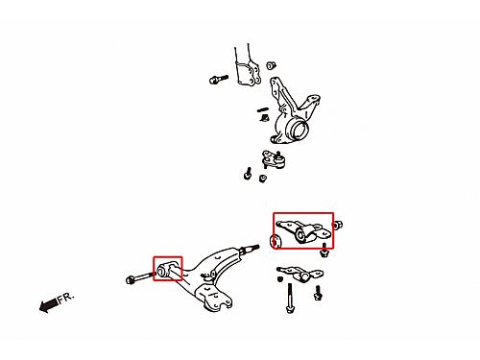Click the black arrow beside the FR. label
(49, 305)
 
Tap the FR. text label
(66, 298)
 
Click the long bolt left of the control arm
(141, 277)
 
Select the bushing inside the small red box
(163, 271)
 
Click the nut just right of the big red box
(338, 225)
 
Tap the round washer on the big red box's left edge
(275, 241)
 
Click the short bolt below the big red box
(324, 251)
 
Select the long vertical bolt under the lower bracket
(290, 298)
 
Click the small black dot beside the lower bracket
(280, 279)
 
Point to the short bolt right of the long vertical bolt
(318, 293)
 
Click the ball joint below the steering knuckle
(274, 159)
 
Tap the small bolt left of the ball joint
(248, 173)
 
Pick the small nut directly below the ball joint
(263, 179)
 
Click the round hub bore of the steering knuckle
(300, 130)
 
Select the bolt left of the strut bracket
(219, 79)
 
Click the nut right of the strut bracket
(271, 65)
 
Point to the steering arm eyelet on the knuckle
(313, 98)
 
